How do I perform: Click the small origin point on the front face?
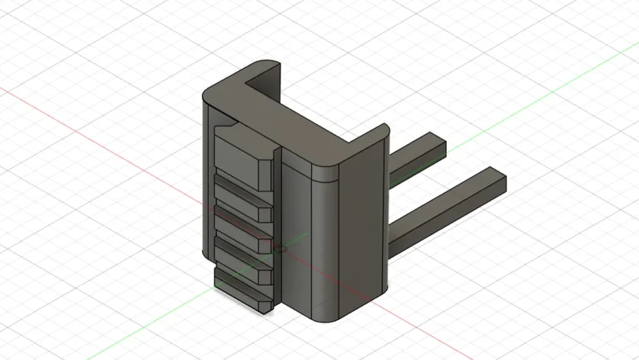[280, 248]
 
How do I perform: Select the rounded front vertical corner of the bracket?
[326, 241]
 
